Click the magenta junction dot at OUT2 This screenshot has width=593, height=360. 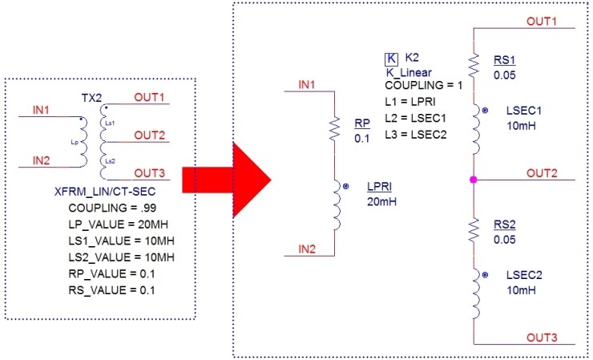coord(474,179)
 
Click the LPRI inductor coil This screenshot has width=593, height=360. coord(336,205)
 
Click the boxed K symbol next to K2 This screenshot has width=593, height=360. coord(391,59)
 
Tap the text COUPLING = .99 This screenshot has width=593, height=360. coord(98,206)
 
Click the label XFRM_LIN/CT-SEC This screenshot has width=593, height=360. coord(99,192)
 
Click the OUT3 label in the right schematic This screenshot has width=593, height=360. coord(543,336)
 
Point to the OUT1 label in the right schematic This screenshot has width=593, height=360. coord(543,20)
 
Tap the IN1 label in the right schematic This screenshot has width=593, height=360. coord(306,83)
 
